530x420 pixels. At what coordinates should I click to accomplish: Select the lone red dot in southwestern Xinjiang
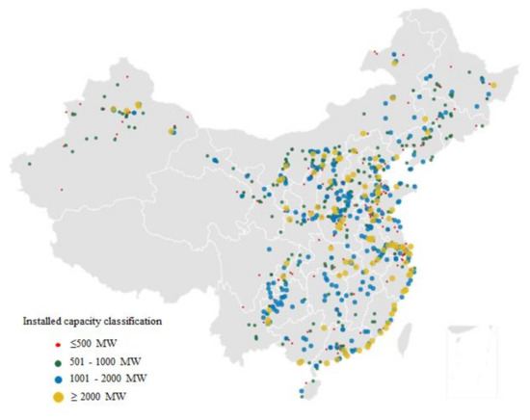(x=61, y=190)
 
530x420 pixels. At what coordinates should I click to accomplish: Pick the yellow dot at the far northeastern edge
(x=493, y=86)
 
